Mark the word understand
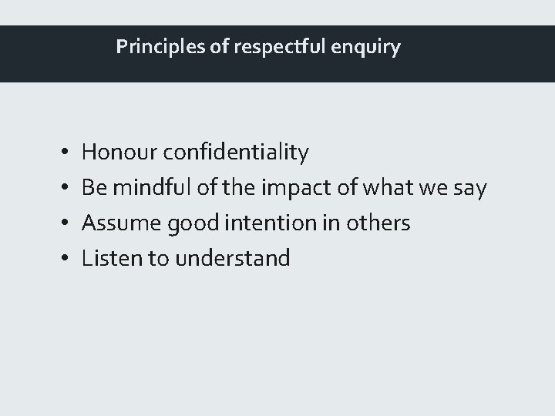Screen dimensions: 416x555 click(233, 258)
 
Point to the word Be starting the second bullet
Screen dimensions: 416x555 click(93, 188)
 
